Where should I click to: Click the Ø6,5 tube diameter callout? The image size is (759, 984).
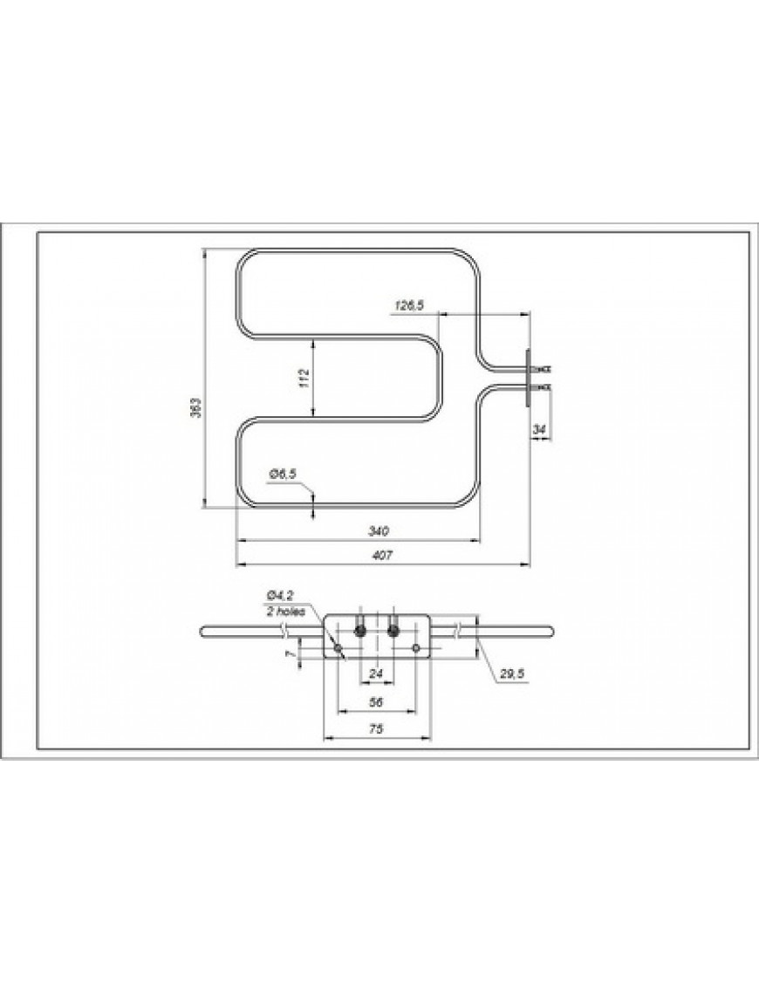pos(283,473)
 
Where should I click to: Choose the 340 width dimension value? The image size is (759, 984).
pos(378,530)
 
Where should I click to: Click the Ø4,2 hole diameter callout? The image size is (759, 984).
pos(280,598)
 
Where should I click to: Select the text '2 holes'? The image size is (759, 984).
pos(286,612)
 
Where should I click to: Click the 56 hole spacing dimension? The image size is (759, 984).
pos(377,700)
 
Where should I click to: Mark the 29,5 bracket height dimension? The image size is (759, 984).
pos(509,674)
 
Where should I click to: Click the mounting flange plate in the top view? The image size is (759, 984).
pos(529,376)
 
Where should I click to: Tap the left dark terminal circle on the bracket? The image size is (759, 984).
pos(359,630)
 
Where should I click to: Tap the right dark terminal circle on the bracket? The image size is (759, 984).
pos(394,630)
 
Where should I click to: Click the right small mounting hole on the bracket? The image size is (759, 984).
pos(416,648)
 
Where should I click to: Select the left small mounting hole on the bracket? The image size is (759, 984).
pos(338,648)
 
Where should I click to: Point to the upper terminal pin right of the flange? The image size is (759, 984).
pos(542,369)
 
